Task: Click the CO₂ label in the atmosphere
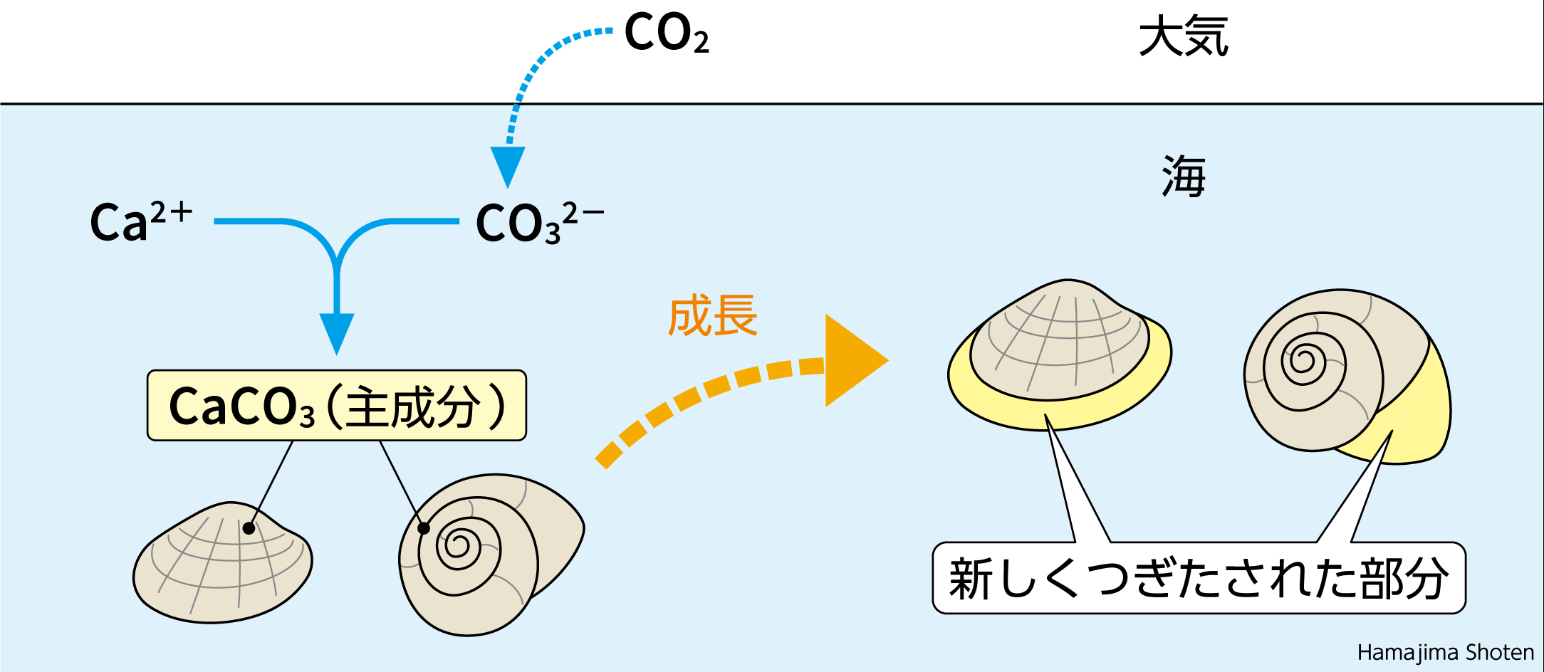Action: coord(666,33)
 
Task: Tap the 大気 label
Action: coord(1184,37)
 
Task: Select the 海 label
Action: coord(1184,177)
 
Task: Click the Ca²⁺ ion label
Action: coord(140,221)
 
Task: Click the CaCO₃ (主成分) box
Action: coord(336,406)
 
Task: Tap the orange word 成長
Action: coord(712,316)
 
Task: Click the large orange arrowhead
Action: coord(851,361)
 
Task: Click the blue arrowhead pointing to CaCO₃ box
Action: coord(337,331)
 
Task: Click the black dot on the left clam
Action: coord(249,528)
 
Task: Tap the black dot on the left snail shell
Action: coord(424,528)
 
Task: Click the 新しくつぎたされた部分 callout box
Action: coord(1199,578)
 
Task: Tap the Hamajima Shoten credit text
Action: coord(1445,652)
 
